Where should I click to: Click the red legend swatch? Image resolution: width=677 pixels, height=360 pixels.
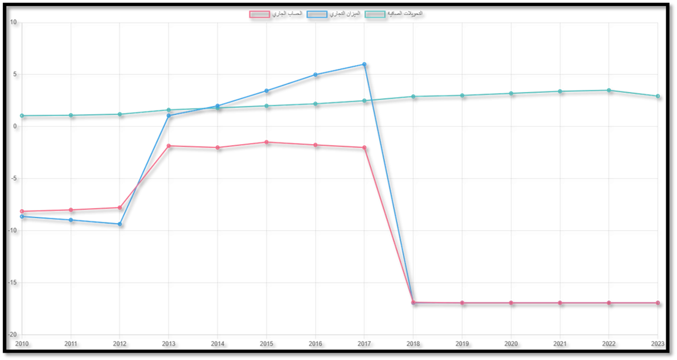coord(259,14)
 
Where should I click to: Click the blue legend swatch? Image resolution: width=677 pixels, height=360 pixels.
coord(317,14)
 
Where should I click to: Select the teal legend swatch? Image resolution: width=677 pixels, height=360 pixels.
coord(374,14)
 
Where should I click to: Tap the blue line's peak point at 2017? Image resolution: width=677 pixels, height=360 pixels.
coord(364,63)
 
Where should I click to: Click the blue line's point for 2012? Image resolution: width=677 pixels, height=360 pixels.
coord(119,224)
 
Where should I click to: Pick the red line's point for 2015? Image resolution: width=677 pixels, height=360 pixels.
coord(266,142)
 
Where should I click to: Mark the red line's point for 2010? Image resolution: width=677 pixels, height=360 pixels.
coord(21,211)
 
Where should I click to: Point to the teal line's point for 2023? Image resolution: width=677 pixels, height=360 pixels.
coord(657,96)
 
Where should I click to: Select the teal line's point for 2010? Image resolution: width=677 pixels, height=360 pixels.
coord(21,116)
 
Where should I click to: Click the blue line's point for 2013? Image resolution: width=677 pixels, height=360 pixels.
coord(169,116)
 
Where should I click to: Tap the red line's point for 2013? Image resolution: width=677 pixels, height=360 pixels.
coord(169,145)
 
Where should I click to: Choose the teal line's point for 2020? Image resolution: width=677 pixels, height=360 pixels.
coord(511,93)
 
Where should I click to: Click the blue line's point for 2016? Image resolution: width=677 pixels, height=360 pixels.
coord(315,74)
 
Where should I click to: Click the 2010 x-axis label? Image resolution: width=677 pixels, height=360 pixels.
coord(21,343)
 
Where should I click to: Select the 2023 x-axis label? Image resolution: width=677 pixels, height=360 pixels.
coord(657,343)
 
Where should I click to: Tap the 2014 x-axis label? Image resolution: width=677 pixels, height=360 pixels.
coord(217,343)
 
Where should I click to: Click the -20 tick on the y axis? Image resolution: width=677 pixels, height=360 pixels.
coord(13,333)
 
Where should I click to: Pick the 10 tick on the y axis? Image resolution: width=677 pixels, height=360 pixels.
coord(14,22)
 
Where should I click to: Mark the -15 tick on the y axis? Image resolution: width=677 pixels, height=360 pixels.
coord(13,282)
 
